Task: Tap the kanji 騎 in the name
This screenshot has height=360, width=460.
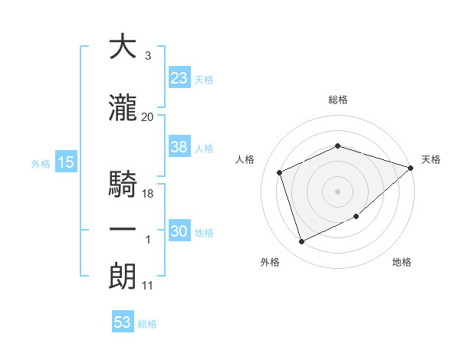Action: point(123,184)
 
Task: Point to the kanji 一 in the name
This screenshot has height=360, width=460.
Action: point(123,229)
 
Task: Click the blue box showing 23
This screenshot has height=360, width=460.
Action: point(179,77)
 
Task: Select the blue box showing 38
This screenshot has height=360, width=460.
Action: point(179,147)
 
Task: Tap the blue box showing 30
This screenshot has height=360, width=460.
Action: point(179,231)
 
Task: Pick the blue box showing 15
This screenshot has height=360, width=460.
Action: point(65,162)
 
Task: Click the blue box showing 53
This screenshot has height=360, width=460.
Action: point(123,322)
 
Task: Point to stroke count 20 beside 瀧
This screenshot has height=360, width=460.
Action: point(148,116)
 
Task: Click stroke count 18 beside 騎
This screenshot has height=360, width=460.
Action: point(149,194)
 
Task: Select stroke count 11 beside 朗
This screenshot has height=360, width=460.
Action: point(147,286)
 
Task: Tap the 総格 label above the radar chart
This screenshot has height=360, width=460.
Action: point(338,100)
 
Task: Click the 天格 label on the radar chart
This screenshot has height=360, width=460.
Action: point(431,159)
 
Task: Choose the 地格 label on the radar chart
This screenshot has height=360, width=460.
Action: point(402,262)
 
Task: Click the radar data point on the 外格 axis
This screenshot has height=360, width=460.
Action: point(301,242)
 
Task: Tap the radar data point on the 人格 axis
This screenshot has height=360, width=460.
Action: point(281,172)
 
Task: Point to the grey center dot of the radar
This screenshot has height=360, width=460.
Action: point(338,191)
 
